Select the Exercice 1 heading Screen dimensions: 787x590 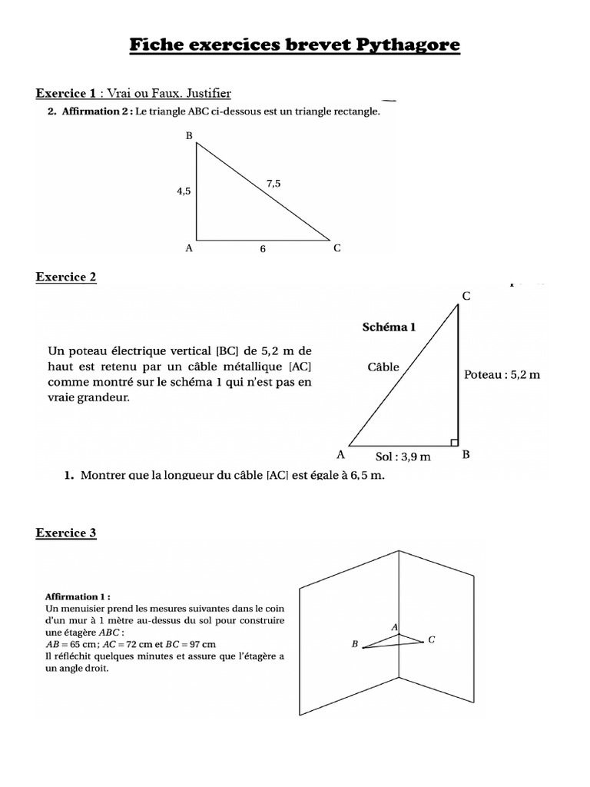point(66,94)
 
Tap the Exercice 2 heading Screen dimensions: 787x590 point(66,277)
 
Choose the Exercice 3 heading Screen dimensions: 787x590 point(66,532)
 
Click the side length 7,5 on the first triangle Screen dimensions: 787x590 point(273,183)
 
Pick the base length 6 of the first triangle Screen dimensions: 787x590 point(262,250)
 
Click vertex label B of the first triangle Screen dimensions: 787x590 point(189,136)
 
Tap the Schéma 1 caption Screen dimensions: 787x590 point(389,327)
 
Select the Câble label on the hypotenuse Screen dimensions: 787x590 point(383,367)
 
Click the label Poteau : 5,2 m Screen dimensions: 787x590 point(502,374)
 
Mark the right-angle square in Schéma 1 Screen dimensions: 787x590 point(454,442)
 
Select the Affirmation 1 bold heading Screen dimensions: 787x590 point(78,596)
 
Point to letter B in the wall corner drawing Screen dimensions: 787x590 point(355,645)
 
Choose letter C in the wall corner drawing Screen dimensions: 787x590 point(432,639)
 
